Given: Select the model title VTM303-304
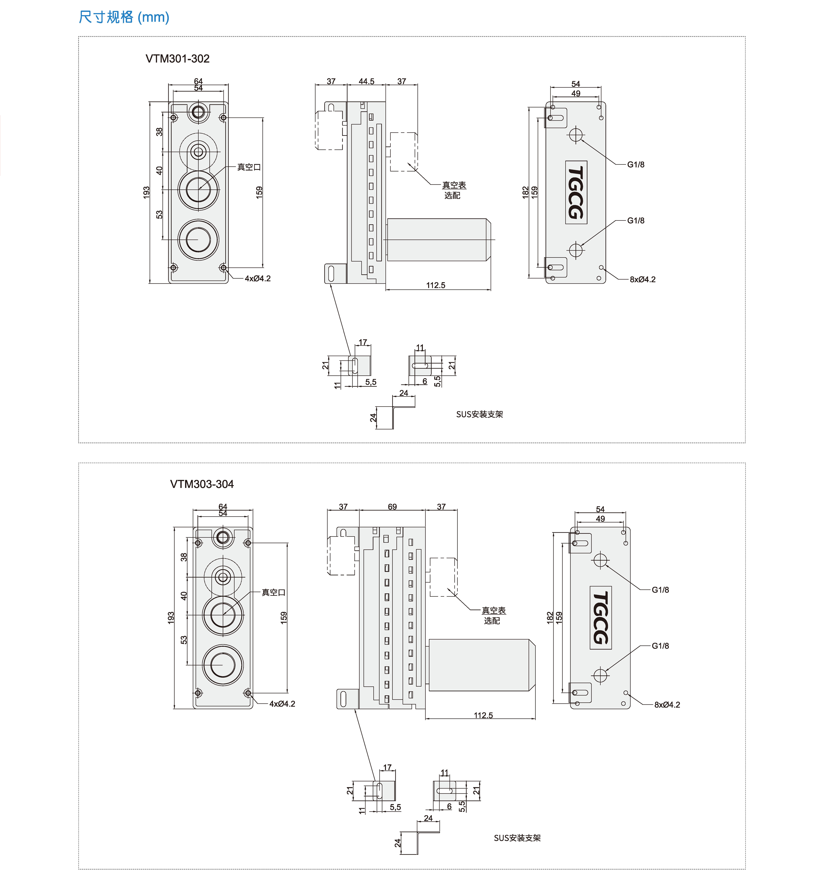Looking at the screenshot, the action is pos(202,484).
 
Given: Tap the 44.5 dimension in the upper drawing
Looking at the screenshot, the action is pos(367,81).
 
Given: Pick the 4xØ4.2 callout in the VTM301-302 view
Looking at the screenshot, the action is pos(258,278).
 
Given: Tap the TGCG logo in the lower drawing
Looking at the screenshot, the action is pos(601,618).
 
